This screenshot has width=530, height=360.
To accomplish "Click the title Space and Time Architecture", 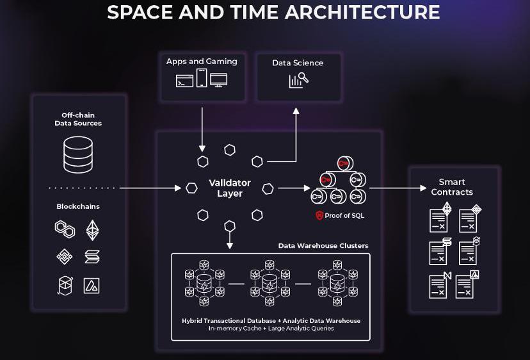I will coord(273,12).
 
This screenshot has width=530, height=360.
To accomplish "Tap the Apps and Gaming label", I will coord(202,61).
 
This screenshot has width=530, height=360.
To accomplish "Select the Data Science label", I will coord(298,63).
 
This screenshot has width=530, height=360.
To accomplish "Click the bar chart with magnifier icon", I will coord(298,80).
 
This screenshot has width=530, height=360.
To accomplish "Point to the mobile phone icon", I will coord(202,78).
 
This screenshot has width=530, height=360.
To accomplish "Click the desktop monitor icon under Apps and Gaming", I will coord(219,80).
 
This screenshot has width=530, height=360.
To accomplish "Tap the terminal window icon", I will coord(184,81).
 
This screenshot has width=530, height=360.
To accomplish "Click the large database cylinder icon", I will coord(78,154).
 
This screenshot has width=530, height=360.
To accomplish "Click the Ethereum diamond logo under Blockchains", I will coord(93,229).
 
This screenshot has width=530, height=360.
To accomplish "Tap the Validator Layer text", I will coord(230,188).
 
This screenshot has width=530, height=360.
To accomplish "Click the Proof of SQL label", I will coord(344,215).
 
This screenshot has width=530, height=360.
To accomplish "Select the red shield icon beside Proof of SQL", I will coord(319,215).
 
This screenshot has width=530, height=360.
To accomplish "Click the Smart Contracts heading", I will coord(452,187).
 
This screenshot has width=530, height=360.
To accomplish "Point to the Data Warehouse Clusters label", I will coord(323,246).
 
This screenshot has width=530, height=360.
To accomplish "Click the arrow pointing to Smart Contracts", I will coord(397,188).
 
